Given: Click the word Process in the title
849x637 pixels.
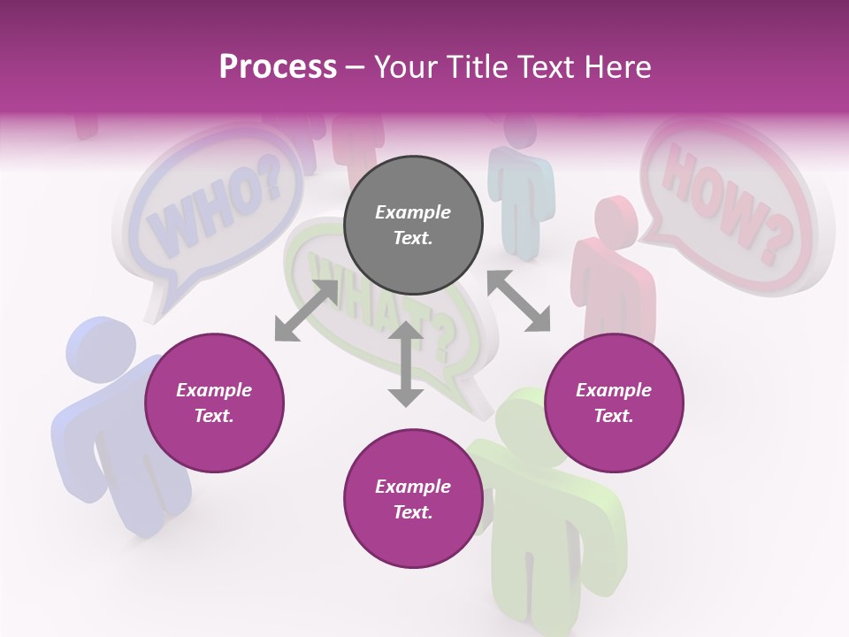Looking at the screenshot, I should pos(278,67).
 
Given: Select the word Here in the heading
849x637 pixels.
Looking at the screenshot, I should pos(617,67).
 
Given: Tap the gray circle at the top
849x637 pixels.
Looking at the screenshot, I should pos(413,226).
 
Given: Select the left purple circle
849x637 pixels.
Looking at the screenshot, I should pos(214,403).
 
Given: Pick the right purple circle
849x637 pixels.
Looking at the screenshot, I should pos(614,403).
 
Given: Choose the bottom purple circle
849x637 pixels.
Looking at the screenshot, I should pos(413,499).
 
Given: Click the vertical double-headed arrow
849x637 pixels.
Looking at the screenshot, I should pos(406,364).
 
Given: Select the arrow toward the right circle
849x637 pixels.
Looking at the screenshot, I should pos(518,301).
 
